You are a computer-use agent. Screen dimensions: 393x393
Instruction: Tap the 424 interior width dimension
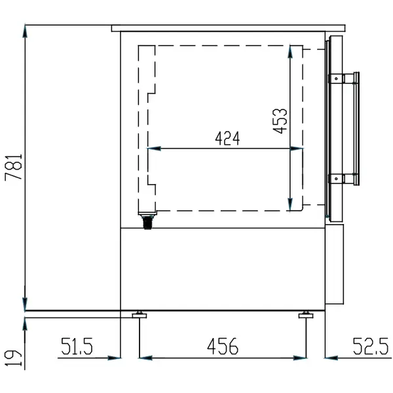(x=227, y=139)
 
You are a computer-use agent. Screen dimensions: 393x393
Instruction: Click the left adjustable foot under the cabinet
(x=140, y=316)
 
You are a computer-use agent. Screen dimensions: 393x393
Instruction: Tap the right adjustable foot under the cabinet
(x=306, y=316)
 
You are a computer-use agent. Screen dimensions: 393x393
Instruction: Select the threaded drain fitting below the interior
(x=147, y=221)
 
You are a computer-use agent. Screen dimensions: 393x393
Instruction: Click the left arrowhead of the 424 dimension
(x=152, y=148)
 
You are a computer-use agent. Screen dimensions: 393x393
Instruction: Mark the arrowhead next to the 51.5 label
(x=116, y=358)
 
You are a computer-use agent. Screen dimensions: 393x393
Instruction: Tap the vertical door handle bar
(x=357, y=128)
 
